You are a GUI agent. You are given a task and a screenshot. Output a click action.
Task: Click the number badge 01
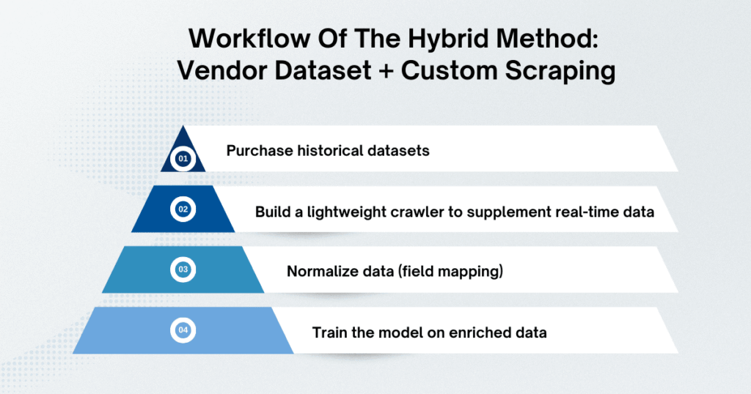coord(183,157)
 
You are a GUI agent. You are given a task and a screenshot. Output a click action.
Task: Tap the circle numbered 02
coord(183,209)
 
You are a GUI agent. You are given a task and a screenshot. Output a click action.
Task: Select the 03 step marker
coord(183,270)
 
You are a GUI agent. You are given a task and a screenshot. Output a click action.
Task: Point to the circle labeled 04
coord(183,331)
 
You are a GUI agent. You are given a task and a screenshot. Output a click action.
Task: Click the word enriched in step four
coord(479,332)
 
